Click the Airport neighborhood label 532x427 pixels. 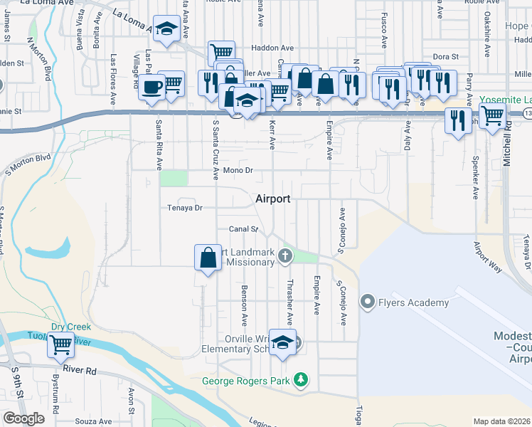point(272,199)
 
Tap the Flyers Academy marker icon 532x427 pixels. point(368,302)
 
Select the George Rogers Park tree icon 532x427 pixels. point(302,381)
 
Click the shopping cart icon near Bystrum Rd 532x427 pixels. point(60,345)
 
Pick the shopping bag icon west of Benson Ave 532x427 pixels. point(207,257)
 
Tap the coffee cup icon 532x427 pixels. point(151,87)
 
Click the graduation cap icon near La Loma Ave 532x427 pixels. point(166,29)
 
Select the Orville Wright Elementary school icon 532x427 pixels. point(282,342)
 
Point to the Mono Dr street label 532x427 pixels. point(238,171)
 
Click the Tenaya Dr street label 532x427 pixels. point(186,208)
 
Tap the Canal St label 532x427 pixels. point(243,229)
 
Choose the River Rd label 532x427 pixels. point(79,370)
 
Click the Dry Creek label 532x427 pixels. point(70,327)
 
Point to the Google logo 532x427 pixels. point(23,418)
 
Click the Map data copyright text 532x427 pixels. point(502,421)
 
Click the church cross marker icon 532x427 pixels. point(285,255)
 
